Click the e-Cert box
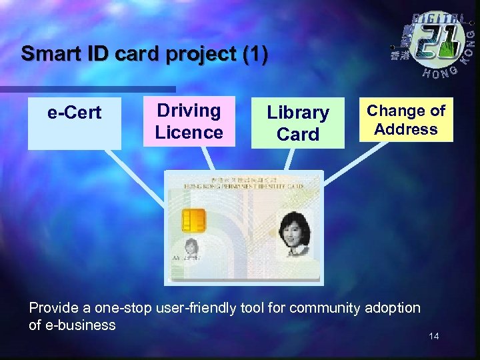74,123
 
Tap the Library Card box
297,123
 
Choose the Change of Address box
406,120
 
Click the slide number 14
434,336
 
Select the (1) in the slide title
255,53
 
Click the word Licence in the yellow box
189,132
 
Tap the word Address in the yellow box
406,129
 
